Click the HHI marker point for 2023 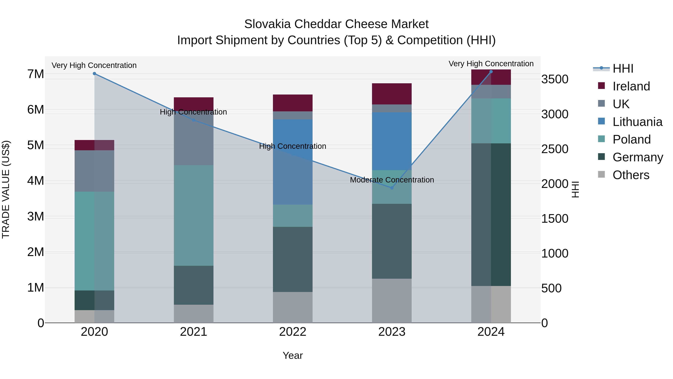tap(392, 188)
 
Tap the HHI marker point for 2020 tap(95, 74)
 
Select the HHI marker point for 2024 tap(491, 72)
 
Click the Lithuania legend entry tap(637, 122)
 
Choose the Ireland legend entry tap(631, 86)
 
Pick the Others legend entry tap(631, 175)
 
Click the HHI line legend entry tap(623, 69)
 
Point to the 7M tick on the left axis tap(36, 74)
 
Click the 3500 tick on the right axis tap(555, 79)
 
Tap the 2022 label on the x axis tap(293, 332)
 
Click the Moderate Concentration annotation tap(392, 180)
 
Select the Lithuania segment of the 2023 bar tap(392, 141)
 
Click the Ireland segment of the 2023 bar tap(392, 94)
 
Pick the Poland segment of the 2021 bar tap(194, 215)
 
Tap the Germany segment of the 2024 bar tap(491, 214)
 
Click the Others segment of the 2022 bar tap(293, 307)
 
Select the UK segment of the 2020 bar tap(94, 171)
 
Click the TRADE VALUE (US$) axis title tap(6, 189)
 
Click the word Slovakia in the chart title tap(267, 24)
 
